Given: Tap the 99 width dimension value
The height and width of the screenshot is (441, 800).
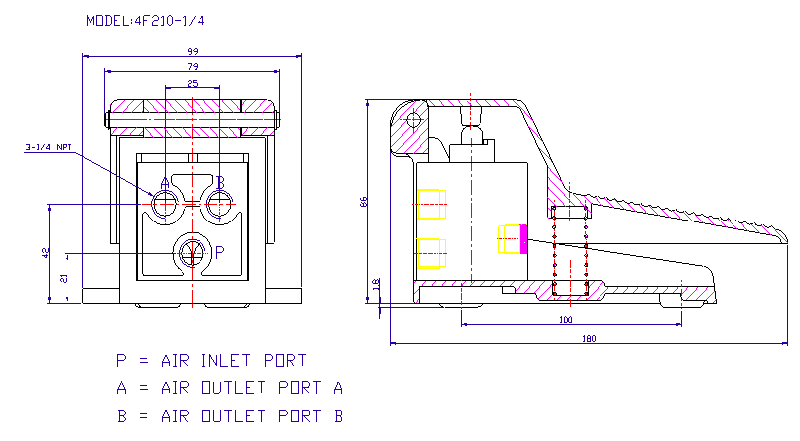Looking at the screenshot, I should (193, 51).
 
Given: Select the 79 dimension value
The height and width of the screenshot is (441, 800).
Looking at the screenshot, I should (193, 67).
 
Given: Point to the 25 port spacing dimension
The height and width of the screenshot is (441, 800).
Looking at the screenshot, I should (193, 83).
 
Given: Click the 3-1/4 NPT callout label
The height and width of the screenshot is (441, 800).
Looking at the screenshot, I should (49, 147).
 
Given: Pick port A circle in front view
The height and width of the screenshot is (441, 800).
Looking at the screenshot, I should (164, 204).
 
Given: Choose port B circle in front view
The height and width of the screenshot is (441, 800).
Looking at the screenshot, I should (219, 204).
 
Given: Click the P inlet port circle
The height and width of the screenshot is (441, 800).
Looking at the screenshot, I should (192, 252).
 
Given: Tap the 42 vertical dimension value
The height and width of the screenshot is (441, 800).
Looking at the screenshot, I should (45, 253).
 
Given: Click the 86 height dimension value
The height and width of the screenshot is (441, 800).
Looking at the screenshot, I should (364, 201).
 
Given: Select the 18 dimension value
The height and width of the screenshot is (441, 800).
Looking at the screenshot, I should (375, 284).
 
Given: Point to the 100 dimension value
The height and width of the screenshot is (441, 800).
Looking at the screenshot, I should (565, 320).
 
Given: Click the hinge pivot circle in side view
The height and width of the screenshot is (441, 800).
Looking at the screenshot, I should (413, 120).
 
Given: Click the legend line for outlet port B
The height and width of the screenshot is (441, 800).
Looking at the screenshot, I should (229, 416).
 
